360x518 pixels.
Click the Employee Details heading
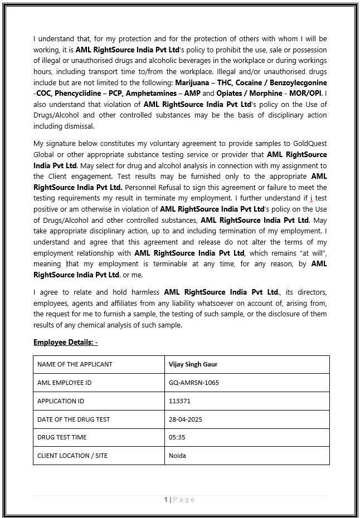click(x=65, y=342)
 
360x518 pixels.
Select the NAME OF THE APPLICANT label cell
click(x=75, y=364)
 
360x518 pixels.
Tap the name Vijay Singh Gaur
click(x=193, y=364)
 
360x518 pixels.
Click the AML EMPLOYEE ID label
click(x=64, y=383)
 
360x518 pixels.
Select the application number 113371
click(x=179, y=401)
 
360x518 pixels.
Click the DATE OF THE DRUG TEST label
click(x=74, y=419)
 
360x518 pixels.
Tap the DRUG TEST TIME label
click(x=62, y=437)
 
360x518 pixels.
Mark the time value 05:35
click(x=177, y=437)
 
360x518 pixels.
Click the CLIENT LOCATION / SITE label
click(x=72, y=456)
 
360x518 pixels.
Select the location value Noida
click(x=177, y=456)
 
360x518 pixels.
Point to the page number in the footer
click(x=166, y=500)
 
